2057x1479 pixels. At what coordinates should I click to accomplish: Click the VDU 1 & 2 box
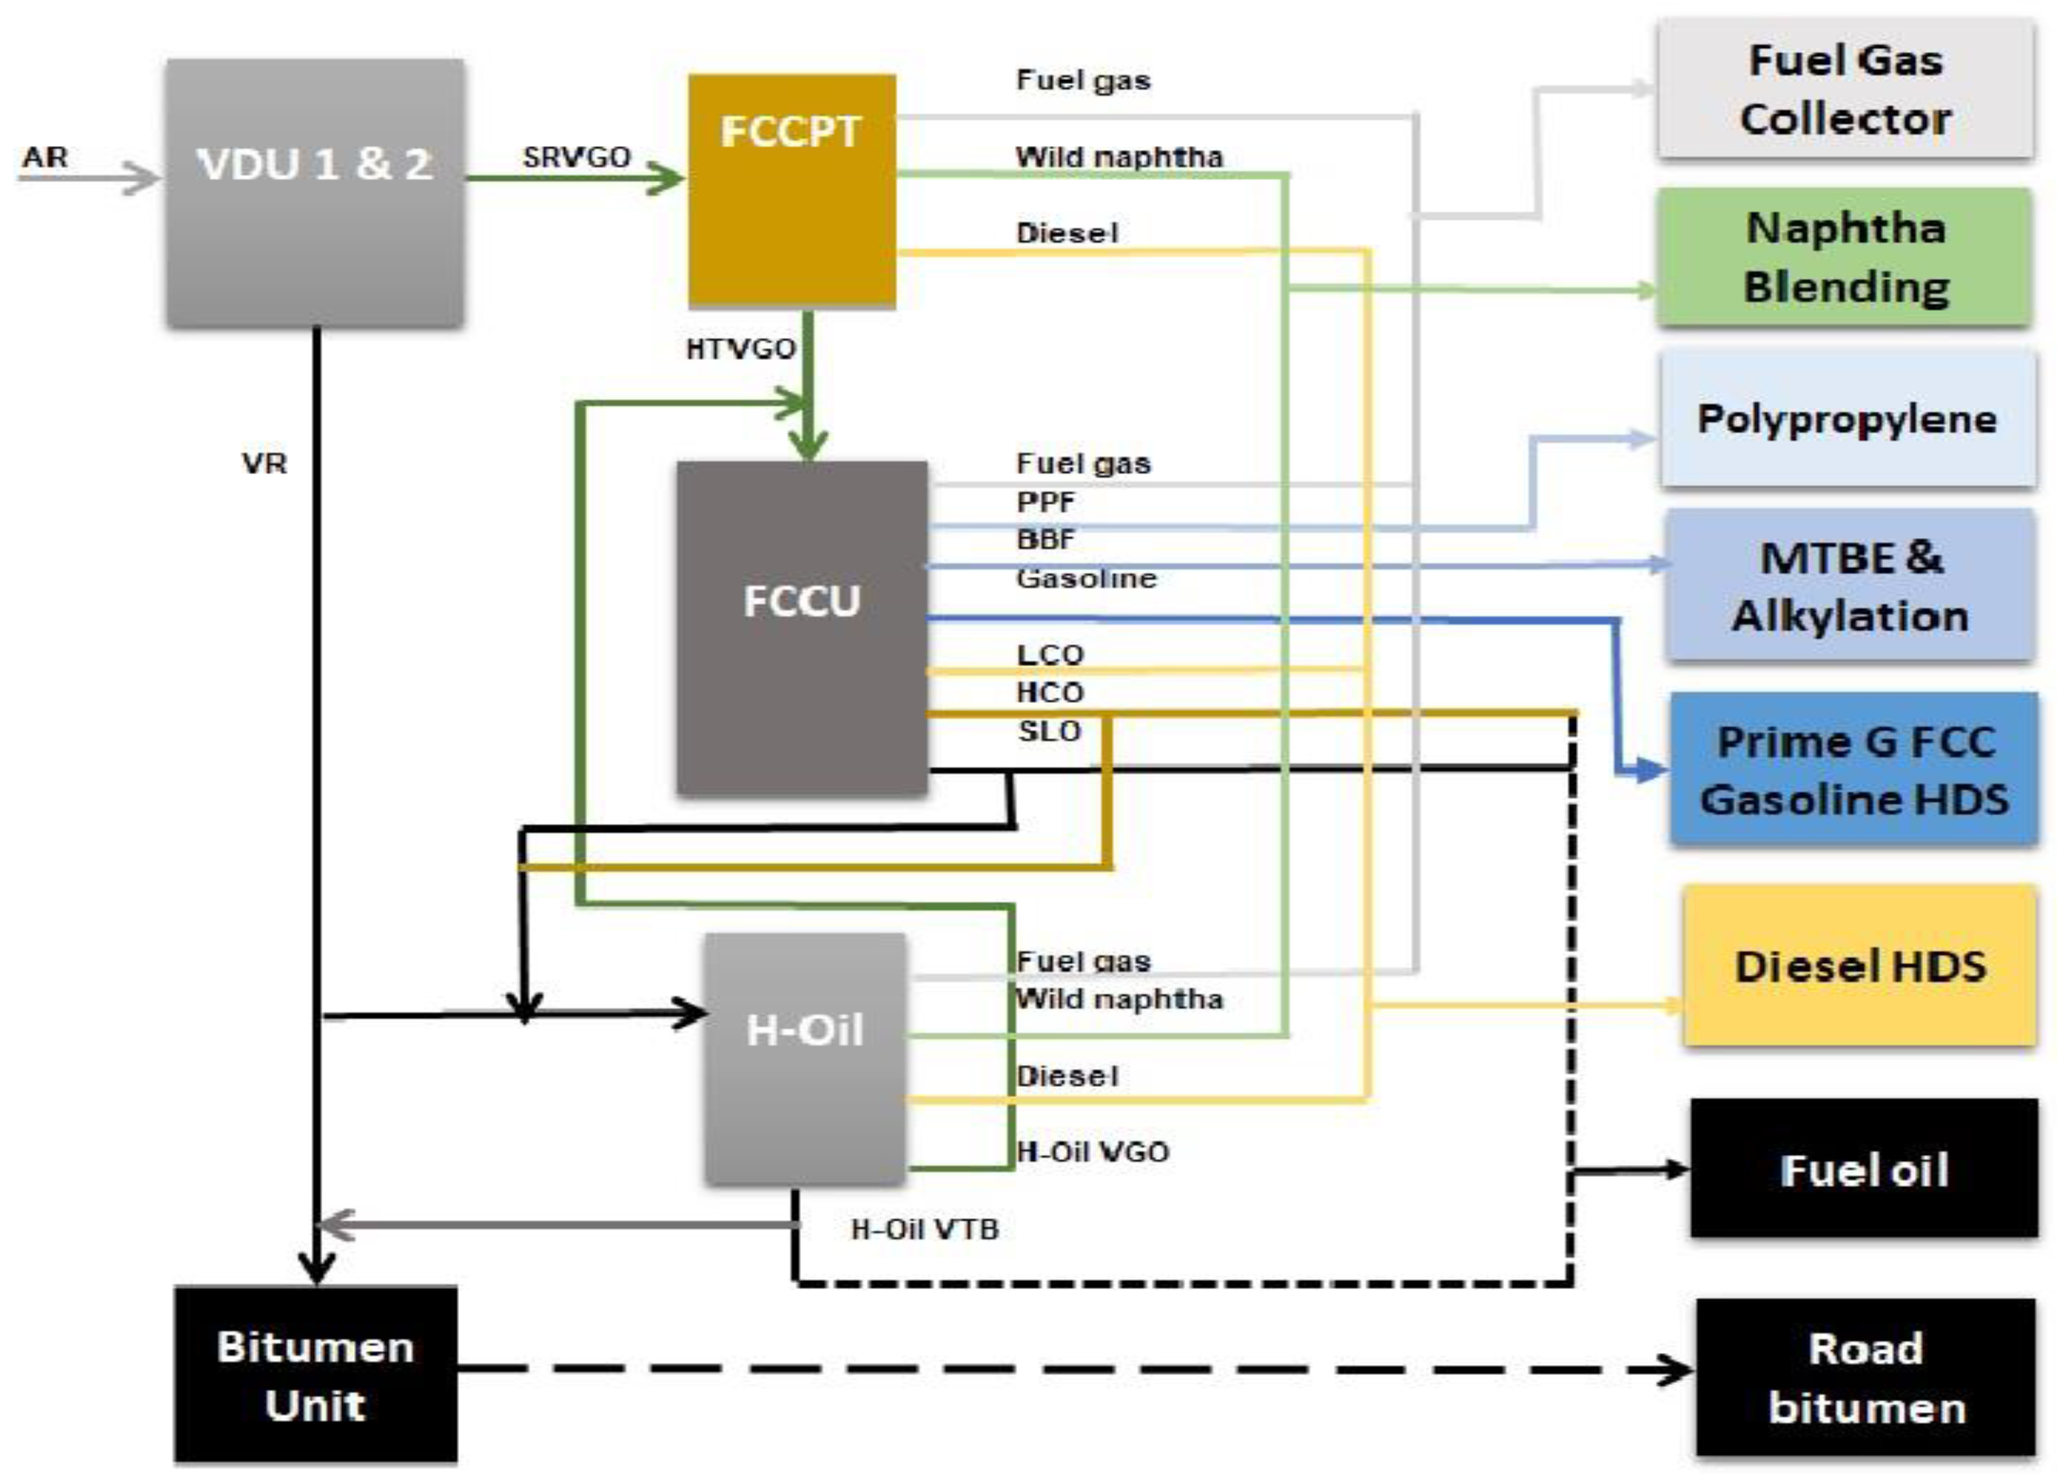click(x=315, y=192)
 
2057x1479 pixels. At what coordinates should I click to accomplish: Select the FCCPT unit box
click(x=792, y=191)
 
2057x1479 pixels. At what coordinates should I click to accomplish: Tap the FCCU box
click(x=802, y=627)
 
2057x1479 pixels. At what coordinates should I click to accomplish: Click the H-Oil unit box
click(x=804, y=1058)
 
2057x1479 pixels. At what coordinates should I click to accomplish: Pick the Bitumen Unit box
click(x=315, y=1374)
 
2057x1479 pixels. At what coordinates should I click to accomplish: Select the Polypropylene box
click(x=1847, y=419)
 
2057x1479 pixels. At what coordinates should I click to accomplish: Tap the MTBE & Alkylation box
click(x=1850, y=585)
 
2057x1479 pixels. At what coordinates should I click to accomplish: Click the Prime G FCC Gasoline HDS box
click(x=1853, y=770)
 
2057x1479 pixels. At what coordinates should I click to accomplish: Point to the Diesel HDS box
click(x=1860, y=966)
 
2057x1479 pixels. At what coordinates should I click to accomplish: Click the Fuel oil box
click(x=1863, y=1169)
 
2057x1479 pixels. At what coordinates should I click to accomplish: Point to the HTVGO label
click(x=740, y=348)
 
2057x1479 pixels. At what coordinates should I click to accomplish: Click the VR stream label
click(x=264, y=463)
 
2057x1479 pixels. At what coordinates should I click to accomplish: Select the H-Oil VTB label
click(x=924, y=1229)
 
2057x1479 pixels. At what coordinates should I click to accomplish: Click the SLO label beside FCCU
click(x=1049, y=731)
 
